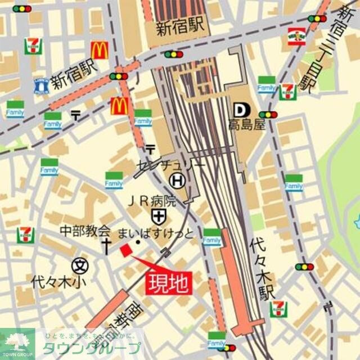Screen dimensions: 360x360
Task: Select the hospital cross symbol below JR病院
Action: (x=158, y=216)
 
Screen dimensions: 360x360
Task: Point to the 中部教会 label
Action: (x=85, y=231)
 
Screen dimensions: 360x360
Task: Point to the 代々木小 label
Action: (x=55, y=279)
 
